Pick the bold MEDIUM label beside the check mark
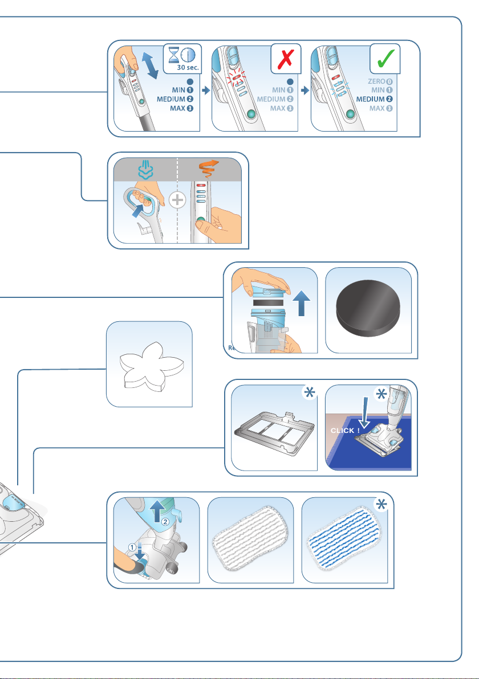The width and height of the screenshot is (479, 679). [x=377, y=99]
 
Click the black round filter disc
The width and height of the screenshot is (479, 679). [x=368, y=311]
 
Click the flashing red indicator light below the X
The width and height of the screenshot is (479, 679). [x=234, y=77]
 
